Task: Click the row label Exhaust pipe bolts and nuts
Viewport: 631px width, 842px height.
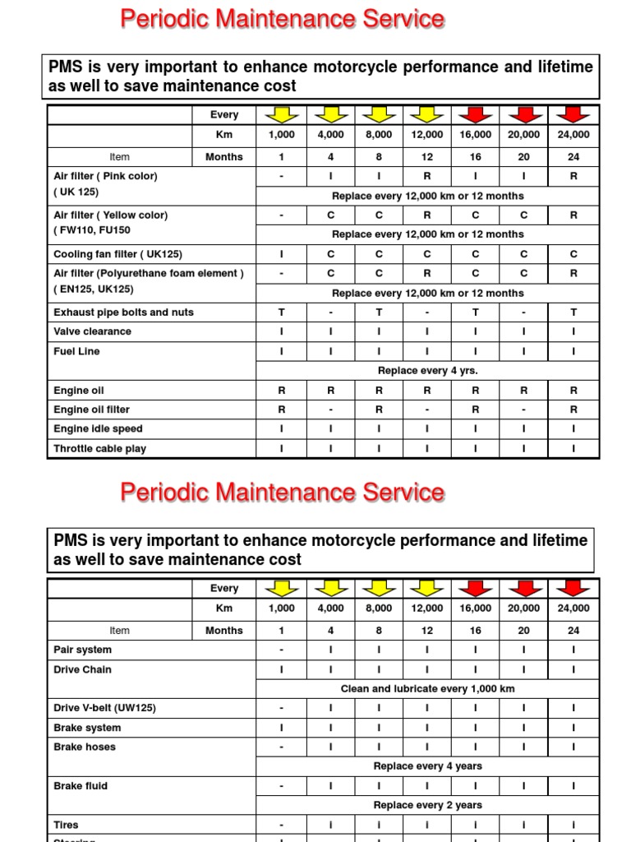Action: pyautogui.click(x=123, y=312)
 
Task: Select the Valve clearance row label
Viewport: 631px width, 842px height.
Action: pyautogui.click(x=92, y=331)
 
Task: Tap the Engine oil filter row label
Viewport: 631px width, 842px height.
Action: pyautogui.click(x=91, y=409)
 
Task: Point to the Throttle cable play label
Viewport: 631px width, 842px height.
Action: pyautogui.click(x=99, y=449)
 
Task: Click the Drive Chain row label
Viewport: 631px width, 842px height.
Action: pyautogui.click(x=82, y=669)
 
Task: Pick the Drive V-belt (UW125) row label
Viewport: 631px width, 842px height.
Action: pyautogui.click(x=104, y=708)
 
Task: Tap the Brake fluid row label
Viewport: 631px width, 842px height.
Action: pyautogui.click(x=81, y=786)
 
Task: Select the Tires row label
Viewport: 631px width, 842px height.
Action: pyautogui.click(x=66, y=825)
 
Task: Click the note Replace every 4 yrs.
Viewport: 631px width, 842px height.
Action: pyautogui.click(x=427, y=371)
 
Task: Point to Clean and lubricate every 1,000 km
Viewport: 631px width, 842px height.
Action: pyautogui.click(x=427, y=689)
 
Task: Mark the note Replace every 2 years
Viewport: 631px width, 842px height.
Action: pyautogui.click(x=427, y=806)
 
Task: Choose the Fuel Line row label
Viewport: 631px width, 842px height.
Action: pyautogui.click(x=76, y=351)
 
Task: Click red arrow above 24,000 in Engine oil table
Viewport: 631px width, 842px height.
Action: pyautogui.click(x=573, y=114)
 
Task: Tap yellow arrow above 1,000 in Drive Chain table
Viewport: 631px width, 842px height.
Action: pyautogui.click(x=281, y=588)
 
